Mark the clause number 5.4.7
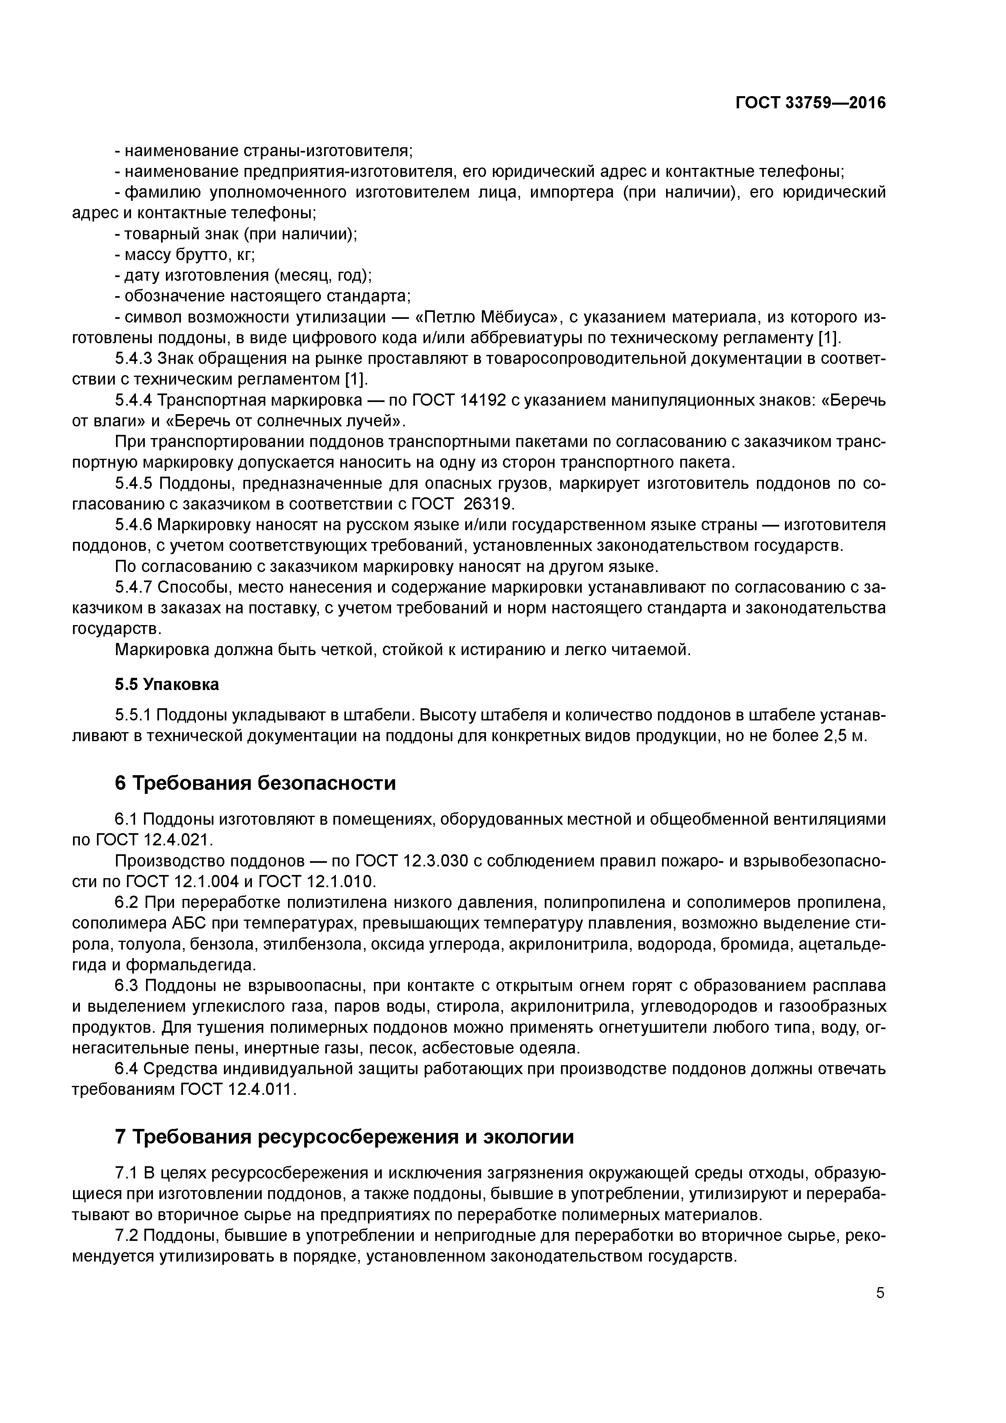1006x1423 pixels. [133, 587]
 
